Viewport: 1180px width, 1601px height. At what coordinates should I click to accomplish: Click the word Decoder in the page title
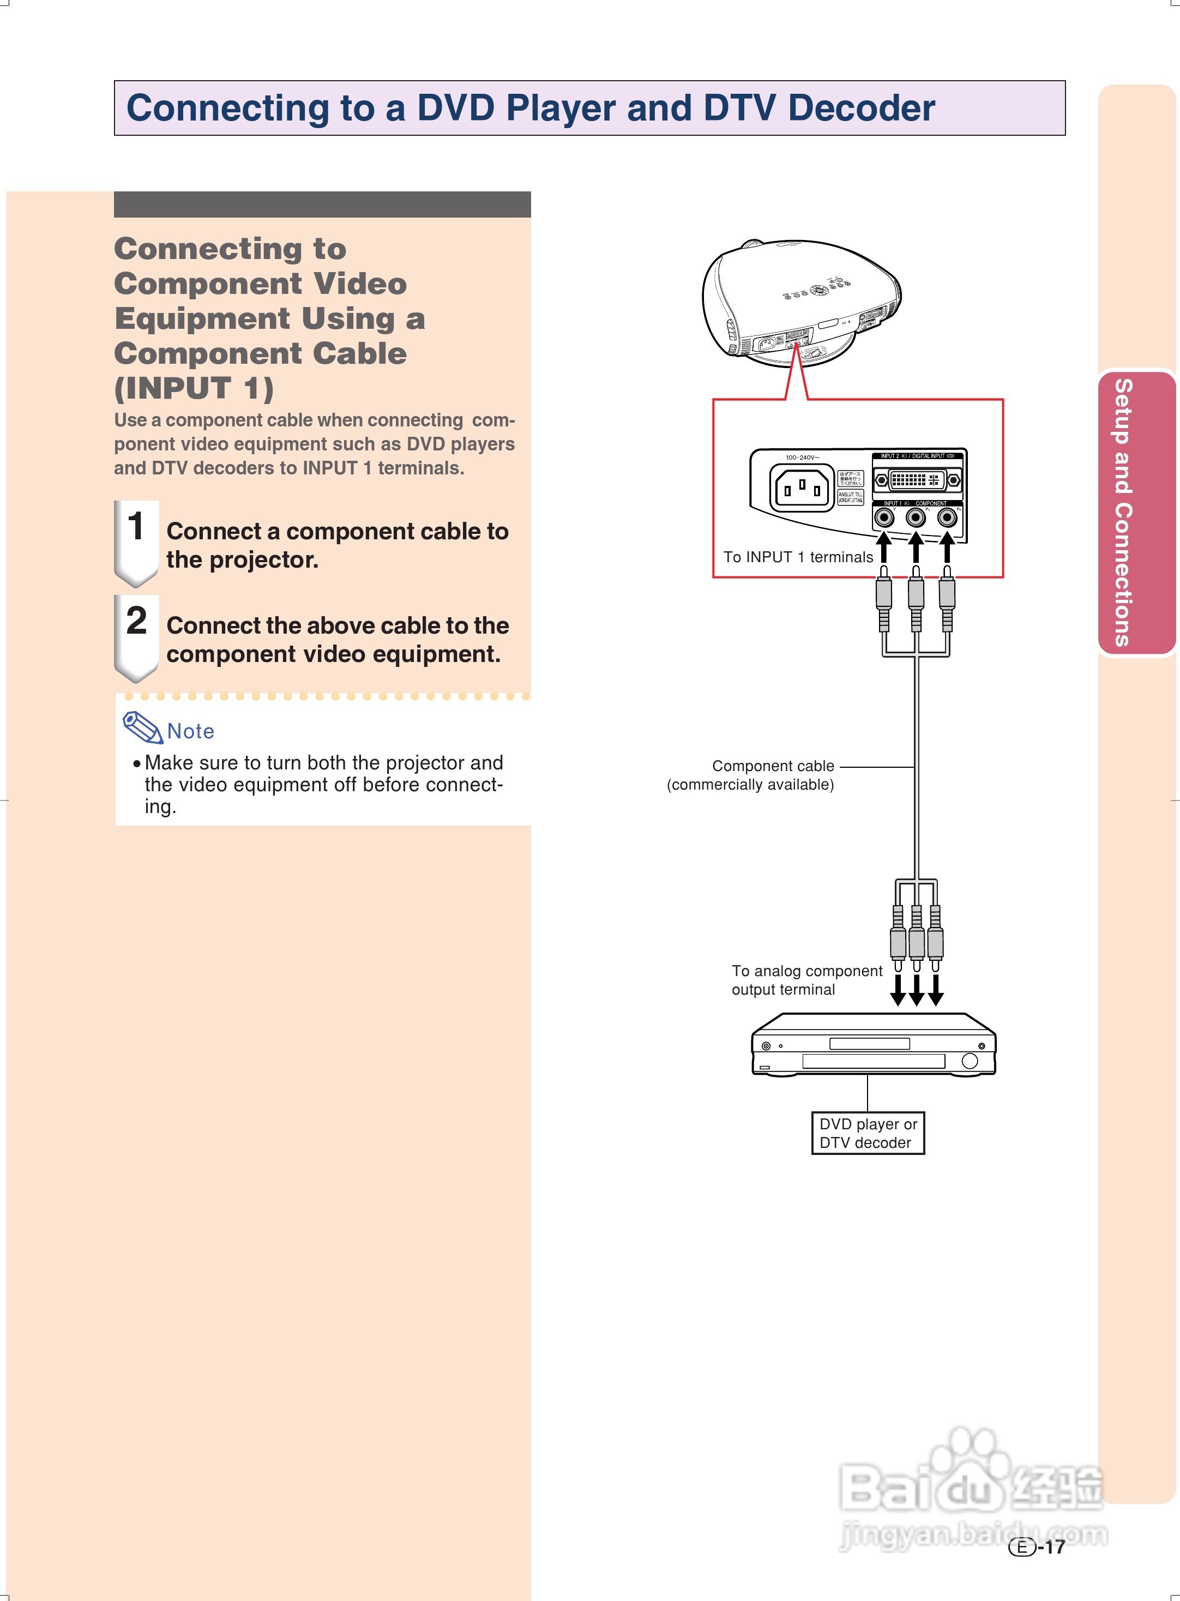[860, 109]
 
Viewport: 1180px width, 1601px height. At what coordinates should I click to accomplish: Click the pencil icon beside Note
[142, 727]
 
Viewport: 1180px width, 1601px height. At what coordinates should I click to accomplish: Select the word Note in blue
[191, 731]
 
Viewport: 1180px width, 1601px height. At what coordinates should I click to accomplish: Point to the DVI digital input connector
[917, 480]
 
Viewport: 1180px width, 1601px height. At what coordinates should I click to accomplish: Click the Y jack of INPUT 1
[884, 517]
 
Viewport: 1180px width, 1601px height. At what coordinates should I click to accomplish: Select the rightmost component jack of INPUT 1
[947, 517]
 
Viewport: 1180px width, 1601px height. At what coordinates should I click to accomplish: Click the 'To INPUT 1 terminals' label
[798, 557]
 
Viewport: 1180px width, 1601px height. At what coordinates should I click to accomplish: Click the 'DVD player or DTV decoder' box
[868, 1133]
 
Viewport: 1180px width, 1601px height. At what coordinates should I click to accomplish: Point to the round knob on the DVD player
[970, 1061]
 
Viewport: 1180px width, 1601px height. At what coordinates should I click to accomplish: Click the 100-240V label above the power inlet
[802, 457]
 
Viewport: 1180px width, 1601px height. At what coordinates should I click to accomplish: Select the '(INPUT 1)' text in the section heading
[194, 388]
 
